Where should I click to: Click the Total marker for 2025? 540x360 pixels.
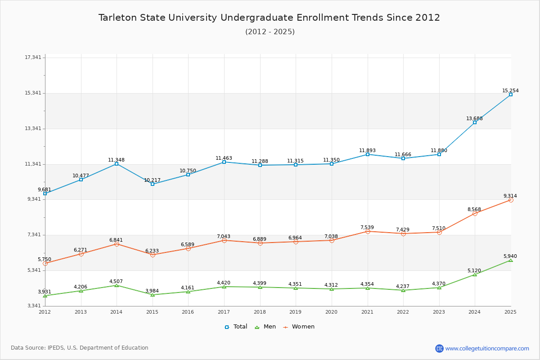511,94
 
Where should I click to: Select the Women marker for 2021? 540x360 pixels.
368,231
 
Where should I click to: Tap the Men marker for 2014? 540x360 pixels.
117,285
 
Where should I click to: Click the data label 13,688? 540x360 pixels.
474,119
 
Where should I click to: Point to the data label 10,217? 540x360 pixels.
152,180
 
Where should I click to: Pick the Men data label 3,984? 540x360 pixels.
152,291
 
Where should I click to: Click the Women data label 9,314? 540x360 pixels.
510,196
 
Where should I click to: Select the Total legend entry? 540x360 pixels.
236,327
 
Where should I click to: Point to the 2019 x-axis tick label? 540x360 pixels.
296,312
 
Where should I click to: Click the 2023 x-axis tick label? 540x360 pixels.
439,312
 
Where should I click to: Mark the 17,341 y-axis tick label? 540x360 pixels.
33,57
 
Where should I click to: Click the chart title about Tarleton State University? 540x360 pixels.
269,18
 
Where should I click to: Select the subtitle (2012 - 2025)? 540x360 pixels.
270,31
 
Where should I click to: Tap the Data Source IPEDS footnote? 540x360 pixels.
80,348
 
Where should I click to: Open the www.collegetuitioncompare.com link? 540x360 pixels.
487,348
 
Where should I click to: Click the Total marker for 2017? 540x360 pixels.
224,162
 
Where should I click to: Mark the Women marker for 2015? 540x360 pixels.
153,255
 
